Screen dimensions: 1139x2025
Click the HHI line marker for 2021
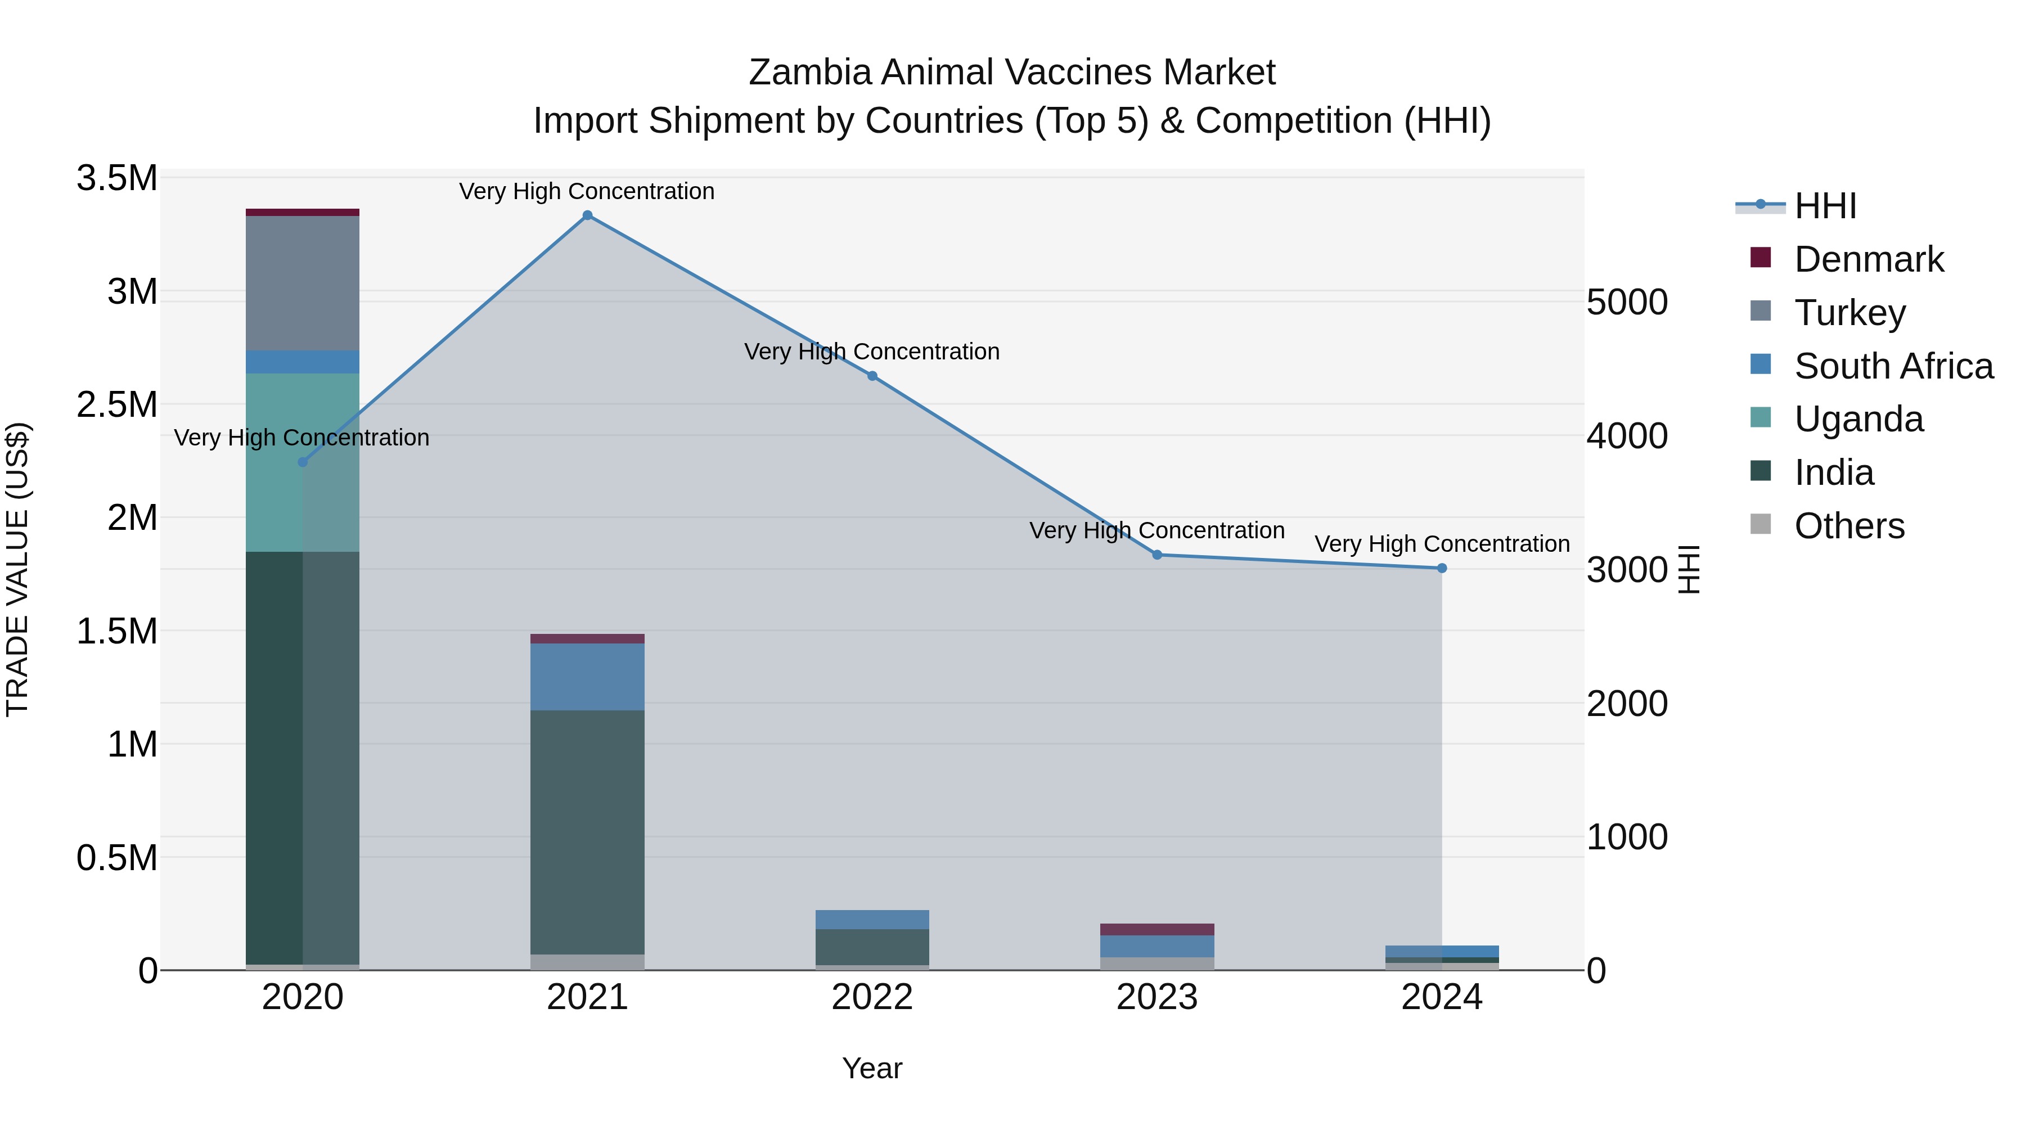(587, 215)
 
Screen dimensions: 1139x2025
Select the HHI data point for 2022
(872, 376)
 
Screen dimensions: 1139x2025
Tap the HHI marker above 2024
(1442, 568)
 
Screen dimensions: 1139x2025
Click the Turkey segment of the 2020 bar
(303, 283)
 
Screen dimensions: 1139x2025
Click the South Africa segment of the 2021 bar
(587, 677)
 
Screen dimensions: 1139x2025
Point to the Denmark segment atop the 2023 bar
(1157, 929)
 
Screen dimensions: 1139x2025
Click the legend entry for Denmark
(1869, 259)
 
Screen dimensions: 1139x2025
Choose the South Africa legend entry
(1893, 366)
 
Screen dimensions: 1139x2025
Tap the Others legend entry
(1849, 526)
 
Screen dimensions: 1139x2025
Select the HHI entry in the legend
(1825, 206)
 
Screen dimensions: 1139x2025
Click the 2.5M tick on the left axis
(117, 405)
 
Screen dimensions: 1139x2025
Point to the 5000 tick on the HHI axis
(1626, 302)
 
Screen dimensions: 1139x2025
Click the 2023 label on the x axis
(1157, 997)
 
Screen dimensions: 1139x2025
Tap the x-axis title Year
(872, 1068)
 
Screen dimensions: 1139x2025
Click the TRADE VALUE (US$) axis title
(17, 569)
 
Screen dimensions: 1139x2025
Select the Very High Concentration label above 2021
(587, 191)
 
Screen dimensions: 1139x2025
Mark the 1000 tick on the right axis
(1626, 837)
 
